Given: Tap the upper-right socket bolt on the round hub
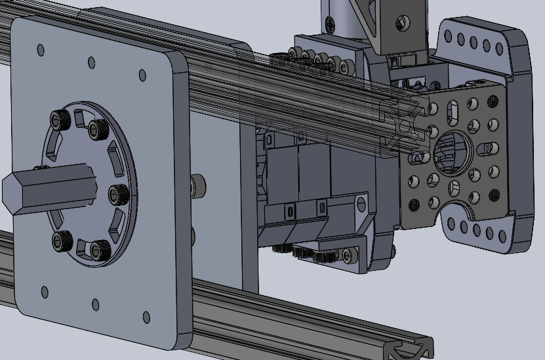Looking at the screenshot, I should point(98,129).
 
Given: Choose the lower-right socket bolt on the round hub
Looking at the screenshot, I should point(99,249).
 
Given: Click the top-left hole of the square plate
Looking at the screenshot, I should point(41,50).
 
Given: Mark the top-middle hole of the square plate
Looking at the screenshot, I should point(91,62).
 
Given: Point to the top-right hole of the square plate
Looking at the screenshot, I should point(140,75).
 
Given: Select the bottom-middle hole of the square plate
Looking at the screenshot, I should point(95,304).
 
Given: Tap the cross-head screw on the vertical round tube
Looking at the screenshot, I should point(331,23).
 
